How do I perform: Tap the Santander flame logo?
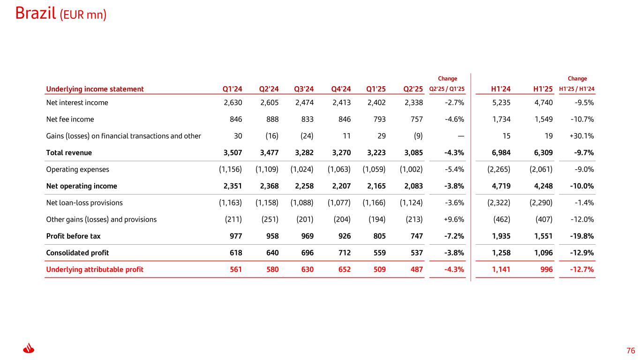click(x=29, y=349)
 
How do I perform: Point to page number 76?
click(x=631, y=351)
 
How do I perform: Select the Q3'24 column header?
click(x=303, y=89)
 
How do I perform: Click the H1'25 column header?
click(x=543, y=89)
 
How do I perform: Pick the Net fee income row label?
click(x=70, y=120)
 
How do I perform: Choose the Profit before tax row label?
click(x=73, y=236)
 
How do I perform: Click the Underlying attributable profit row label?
click(x=95, y=270)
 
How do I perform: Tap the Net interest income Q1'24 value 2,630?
click(x=233, y=103)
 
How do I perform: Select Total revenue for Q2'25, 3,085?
click(x=413, y=153)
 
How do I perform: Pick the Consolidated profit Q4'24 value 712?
click(x=344, y=253)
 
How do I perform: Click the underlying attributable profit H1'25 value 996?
click(x=546, y=270)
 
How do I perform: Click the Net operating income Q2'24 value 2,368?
click(x=269, y=186)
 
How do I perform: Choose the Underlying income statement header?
click(x=95, y=89)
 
